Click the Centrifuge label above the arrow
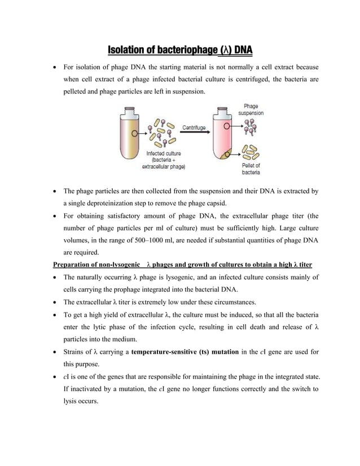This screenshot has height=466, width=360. click(x=194, y=128)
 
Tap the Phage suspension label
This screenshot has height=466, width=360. click(x=251, y=109)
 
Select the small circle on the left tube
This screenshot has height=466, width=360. click(x=134, y=134)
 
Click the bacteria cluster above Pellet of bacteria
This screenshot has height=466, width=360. click(x=250, y=151)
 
